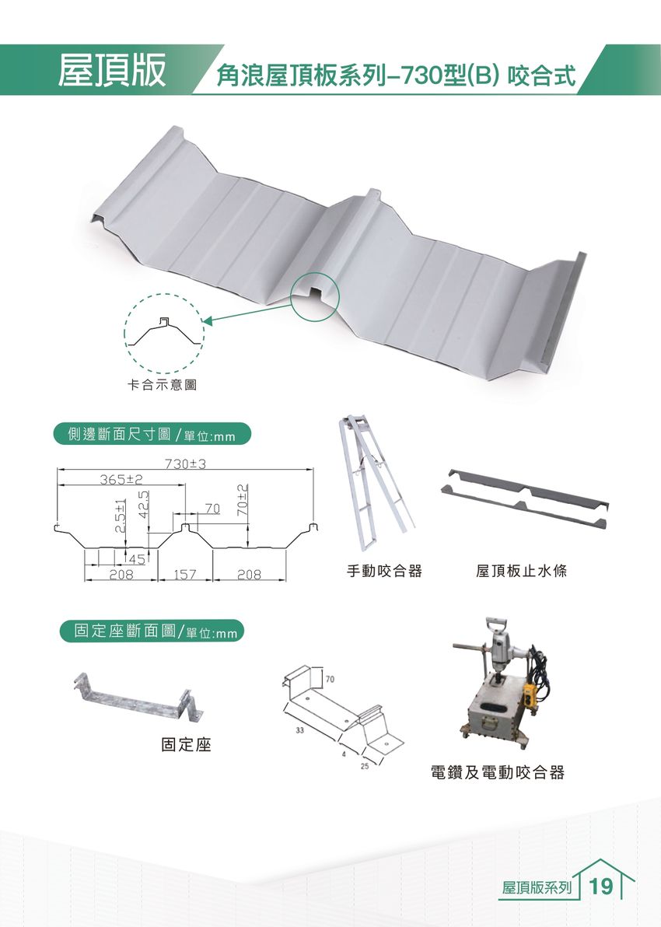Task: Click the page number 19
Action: [x=602, y=887]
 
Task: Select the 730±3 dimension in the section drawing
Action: [x=184, y=464]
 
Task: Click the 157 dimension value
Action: [x=184, y=575]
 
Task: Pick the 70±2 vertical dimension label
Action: [x=242, y=501]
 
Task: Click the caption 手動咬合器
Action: [x=384, y=572]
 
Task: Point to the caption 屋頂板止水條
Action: [x=521, y=572]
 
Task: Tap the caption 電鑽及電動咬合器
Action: [x=497, y=773]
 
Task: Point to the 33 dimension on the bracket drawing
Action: [x=299, y=731]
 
